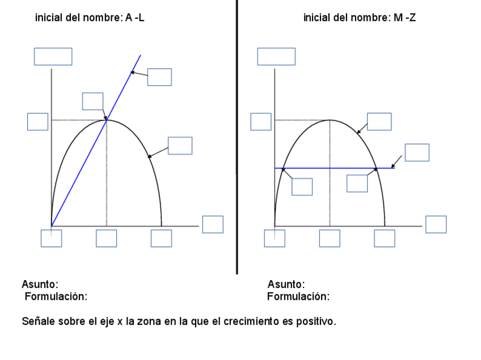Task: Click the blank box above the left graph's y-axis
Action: [x=53, y=57]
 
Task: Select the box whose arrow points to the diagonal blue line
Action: [x=159, y=77]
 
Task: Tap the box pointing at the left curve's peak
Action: [x=92, y=101]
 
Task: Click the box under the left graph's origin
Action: [x=51, y=238]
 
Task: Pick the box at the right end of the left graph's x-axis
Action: [x=213, y=224]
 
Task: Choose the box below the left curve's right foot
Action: [x=161, y=238]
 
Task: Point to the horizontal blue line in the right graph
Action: [x=329, y=168]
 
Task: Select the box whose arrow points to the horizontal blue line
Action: [x=417, y=153]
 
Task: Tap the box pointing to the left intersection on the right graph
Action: [x=302, y=187]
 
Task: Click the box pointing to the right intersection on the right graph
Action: [x=357, y=183]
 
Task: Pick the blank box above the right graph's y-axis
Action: [x=276, y=57]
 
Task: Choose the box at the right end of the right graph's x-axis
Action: [x=436, y=224]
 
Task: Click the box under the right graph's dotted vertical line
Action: [x=330, y=238]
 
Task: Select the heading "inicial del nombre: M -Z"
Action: [x=360, y=18]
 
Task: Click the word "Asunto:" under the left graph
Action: [x=40, y=284]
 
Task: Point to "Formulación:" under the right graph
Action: [x=298, y=296]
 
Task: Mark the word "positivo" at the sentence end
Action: [x=318, y=321]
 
